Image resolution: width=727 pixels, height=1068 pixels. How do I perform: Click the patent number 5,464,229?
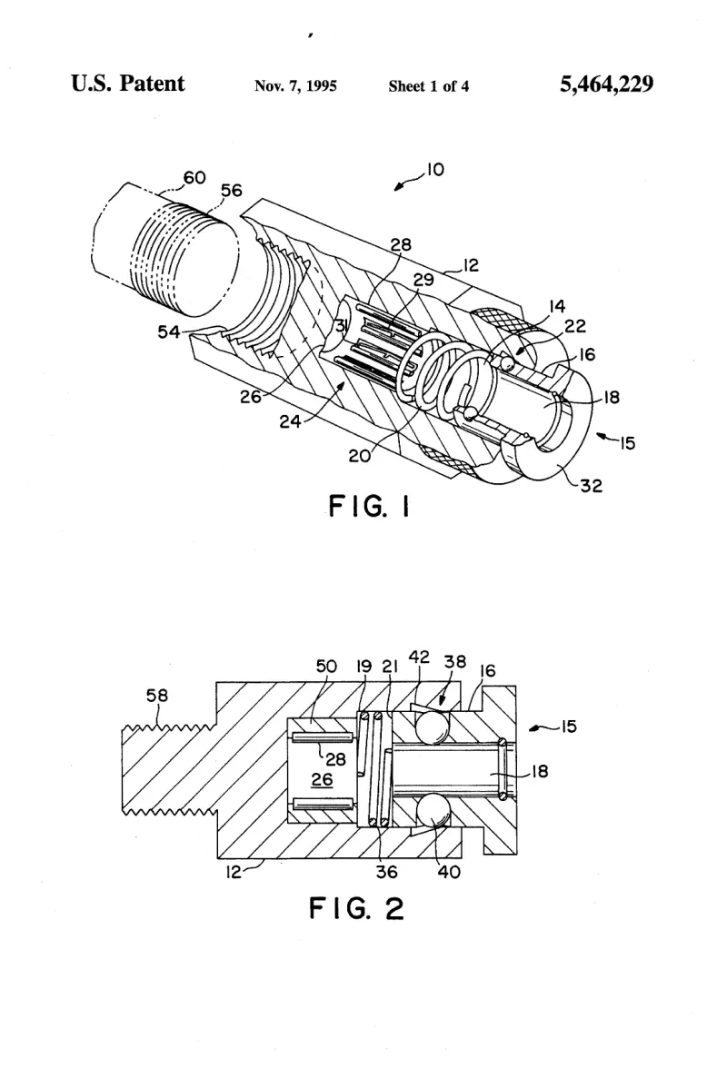[x=606, y=84]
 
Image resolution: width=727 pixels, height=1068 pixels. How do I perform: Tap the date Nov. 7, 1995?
[x=295, y=85]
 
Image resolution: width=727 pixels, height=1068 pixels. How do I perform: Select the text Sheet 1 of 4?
[x=429, y=85]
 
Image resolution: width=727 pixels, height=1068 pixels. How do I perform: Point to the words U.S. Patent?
[x=127, y=84]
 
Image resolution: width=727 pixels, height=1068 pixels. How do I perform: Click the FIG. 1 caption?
[x=369, y=506]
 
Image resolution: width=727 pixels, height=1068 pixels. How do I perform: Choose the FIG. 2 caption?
[x=356, y=908]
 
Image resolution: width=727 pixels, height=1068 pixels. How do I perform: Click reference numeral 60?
[x=194, y=177]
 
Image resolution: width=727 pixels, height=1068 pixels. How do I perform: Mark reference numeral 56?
[x=231, y=191]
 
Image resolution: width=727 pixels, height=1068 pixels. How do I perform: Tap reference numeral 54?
[x=169, y=331]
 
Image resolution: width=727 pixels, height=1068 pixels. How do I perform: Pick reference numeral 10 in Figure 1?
[x=435, y=169]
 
